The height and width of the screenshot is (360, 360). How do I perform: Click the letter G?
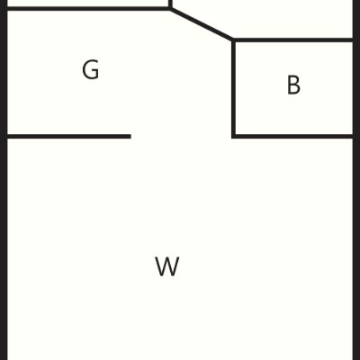[x=91, y=70]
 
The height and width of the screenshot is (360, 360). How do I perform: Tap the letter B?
[x=293, y=85]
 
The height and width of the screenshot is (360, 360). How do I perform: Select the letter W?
[x=167, y=266]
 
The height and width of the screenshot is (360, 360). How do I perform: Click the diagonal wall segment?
[x=202, y=24]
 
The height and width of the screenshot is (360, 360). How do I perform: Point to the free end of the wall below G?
[x=130, y=137]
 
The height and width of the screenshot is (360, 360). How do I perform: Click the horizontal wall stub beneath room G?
[x=69, y=137]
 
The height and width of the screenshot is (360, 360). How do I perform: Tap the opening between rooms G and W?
[x=181, y=137]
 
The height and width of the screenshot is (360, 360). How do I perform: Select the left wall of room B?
[x=233, y=88]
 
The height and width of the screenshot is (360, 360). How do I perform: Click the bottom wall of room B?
[x=292, y=137]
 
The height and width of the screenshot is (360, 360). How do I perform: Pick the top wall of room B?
[x=293, y=40]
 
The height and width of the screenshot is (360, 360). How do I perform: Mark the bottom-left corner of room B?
[x=233, y=137]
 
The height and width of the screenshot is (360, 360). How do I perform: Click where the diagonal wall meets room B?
[x=233, y=40]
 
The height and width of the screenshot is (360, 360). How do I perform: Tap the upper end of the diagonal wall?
[x=170, y=9]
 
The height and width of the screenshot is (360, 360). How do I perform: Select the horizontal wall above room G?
[x=88, y=8]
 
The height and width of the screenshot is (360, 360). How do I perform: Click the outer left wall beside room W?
[x=4, y=249]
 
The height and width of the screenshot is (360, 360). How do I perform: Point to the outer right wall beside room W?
[x=356, y=249]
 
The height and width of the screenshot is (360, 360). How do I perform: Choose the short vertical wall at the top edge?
[x=170, y=4]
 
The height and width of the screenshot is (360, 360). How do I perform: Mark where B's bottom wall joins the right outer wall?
[x=354, y=137]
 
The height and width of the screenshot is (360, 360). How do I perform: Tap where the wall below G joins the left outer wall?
[x=6, y=137]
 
